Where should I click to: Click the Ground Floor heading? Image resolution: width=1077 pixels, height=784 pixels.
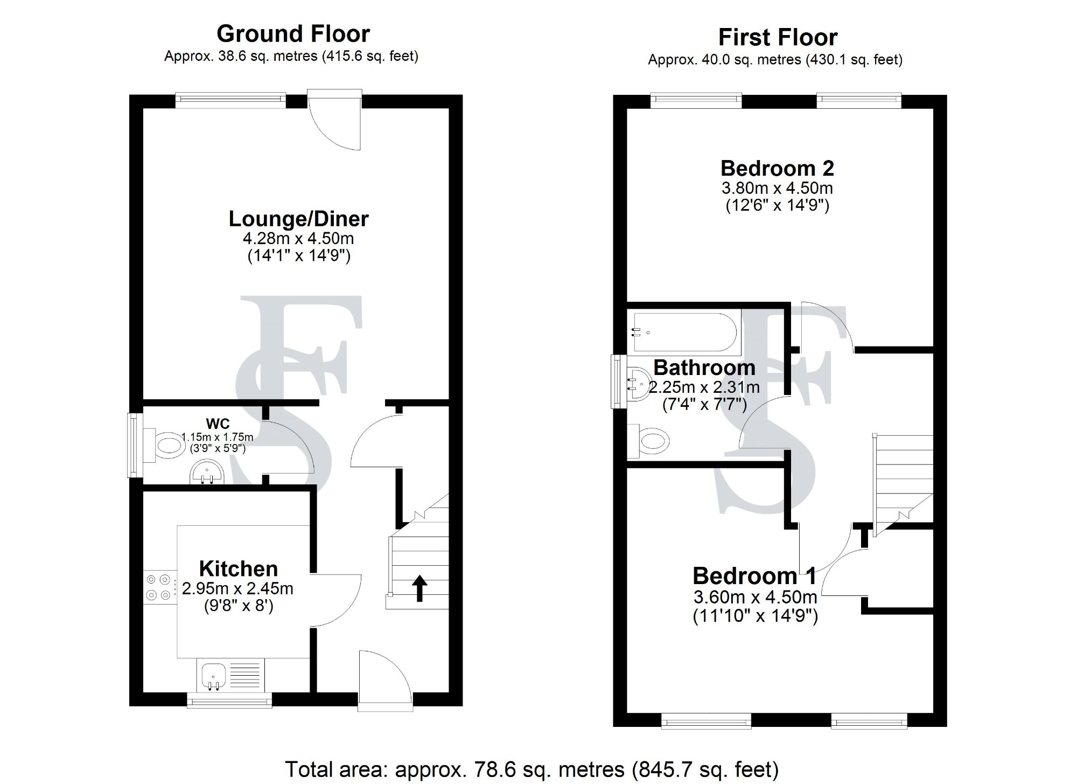click(293, 34)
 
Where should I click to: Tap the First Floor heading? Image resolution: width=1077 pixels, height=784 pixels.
click(778, 38)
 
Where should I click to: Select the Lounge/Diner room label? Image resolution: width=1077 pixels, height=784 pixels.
click(298, 219)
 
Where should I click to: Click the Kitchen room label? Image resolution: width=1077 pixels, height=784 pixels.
click(238, 569)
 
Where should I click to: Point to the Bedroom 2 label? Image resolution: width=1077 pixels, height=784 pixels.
click(777, 169)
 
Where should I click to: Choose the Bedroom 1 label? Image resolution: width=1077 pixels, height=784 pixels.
click(754, 576)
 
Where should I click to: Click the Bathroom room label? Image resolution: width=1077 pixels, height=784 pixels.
click(704, 367)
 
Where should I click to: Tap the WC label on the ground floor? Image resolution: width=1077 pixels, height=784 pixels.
click(218, 424)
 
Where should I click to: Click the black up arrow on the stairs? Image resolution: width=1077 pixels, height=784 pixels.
click(419, 588)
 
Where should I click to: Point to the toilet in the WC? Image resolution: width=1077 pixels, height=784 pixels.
click(168, 445)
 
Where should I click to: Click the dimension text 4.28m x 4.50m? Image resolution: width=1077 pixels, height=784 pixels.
click(298, 238)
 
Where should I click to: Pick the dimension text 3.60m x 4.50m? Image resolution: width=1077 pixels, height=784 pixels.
click(755, 597)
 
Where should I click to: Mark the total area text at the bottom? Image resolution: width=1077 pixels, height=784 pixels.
click(531, 769)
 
